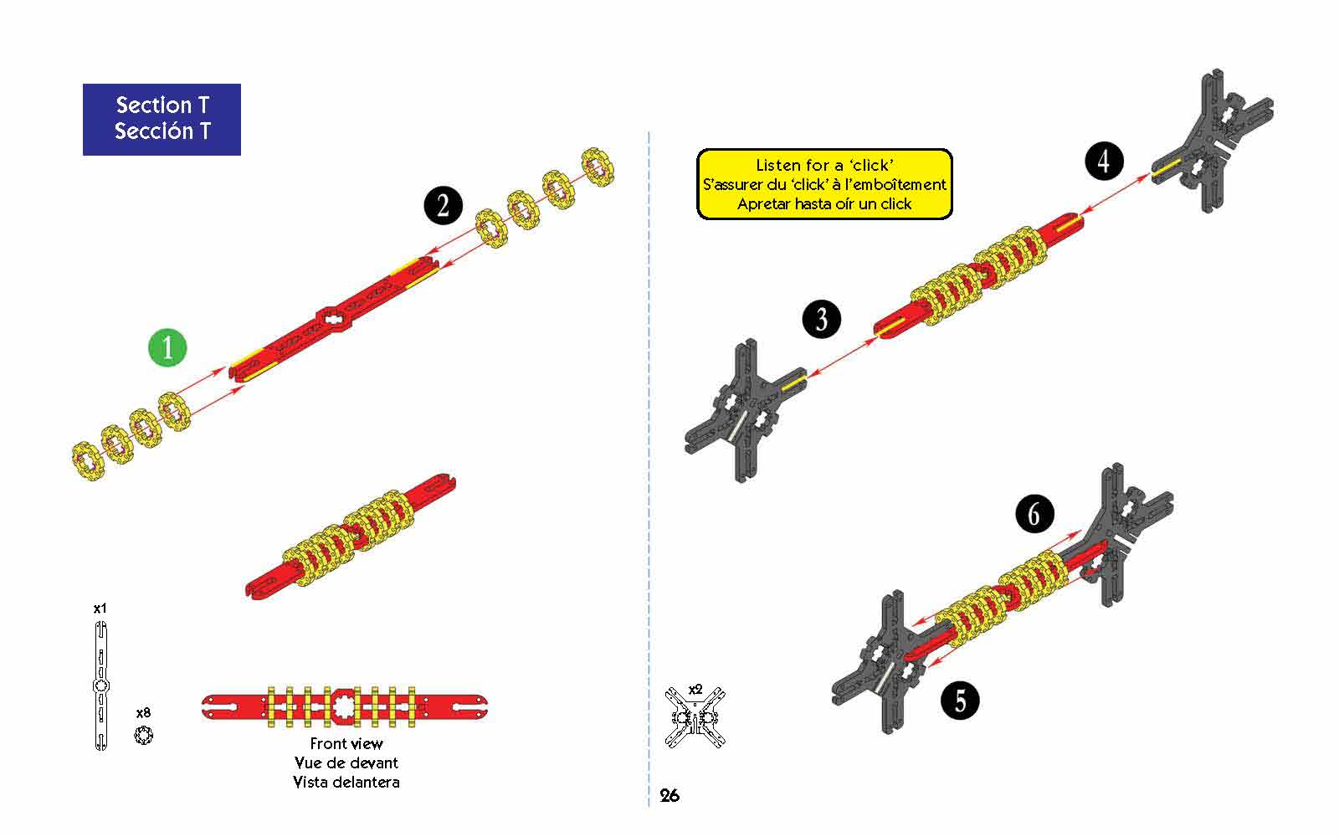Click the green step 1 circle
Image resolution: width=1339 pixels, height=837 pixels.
click(167, 347)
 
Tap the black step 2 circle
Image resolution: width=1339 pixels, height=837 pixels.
click(443, 206)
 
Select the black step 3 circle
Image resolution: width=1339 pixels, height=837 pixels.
click(821, 319)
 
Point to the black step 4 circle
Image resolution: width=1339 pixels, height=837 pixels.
click(1104, 161)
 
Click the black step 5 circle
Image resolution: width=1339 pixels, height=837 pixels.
click(960, 701)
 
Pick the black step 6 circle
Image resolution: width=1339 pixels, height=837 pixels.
click(1034, 514)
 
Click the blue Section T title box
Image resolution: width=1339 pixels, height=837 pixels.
click(162, 120)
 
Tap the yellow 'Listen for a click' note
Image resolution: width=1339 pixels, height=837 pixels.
click(824, 184)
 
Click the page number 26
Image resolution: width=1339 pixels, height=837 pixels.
click(669, 795)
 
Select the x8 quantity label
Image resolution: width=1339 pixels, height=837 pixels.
click(143, 712)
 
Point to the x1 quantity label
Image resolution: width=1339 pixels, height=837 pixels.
click(100, 608)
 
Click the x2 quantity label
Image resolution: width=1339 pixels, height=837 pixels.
click(695, 690)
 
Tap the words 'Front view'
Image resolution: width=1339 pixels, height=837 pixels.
click(346, 744)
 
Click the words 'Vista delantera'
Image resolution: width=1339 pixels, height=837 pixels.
click(346, 782)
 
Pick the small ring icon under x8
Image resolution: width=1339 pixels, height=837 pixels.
click(143, 735)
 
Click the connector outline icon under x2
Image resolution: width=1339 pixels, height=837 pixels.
click(695, 717)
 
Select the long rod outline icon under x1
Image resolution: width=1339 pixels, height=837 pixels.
click(101, 686)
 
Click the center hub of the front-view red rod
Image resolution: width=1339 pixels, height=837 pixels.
click(344, 706)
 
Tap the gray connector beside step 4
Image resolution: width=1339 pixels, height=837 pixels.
click(1210, 141)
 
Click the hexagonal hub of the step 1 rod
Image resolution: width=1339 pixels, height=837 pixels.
click(334, 318)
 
